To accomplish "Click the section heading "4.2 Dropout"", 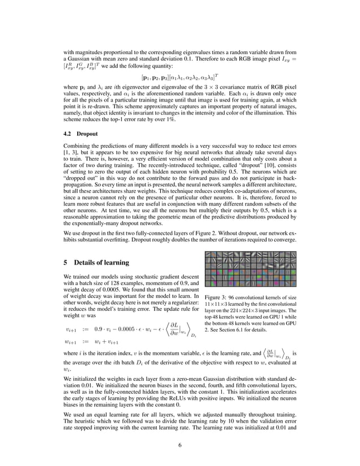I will [81, 135].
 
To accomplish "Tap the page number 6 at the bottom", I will [179, 446].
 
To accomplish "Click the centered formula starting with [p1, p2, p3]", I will [179, 76].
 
